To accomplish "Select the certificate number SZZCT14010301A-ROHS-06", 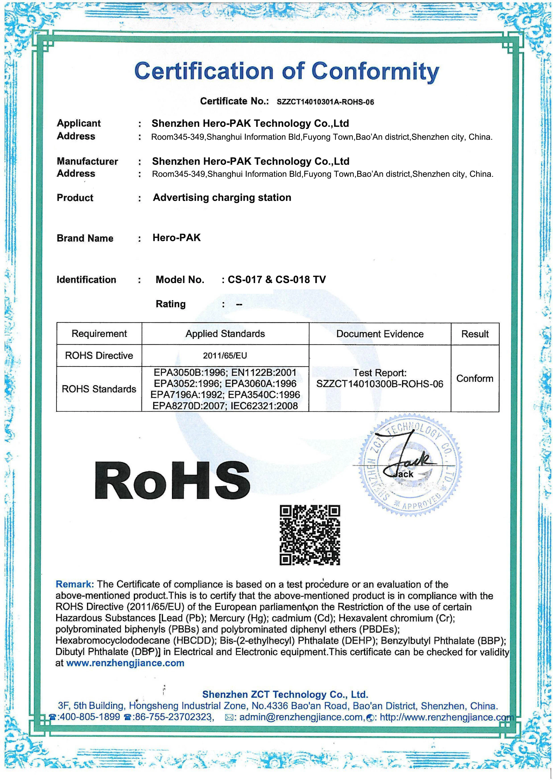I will point(325,102).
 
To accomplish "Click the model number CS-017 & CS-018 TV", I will point(276,280).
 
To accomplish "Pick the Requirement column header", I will point(99,334).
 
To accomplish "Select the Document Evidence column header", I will point(380,334).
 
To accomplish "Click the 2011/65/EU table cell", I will point(225,356).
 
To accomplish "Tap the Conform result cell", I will point(475,378).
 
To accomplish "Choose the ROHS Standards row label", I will point(99,389).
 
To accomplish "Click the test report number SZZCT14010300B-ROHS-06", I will point(380,384).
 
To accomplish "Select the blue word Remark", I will point(74,585).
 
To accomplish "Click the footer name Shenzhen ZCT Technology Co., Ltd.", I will point(285,695).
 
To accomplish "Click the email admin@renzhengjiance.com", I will point(301,717).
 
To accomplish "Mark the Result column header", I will point(475,334).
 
